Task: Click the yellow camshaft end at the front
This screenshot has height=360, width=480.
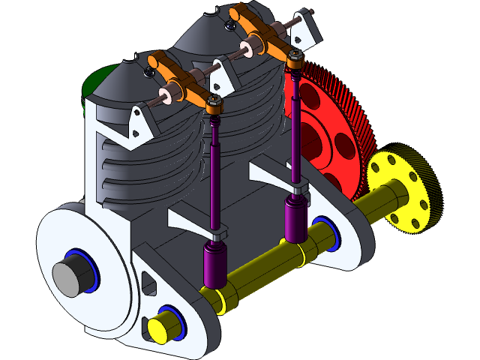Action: tap(159, 328)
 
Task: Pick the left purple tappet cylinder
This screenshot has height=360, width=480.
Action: tap(215, 265)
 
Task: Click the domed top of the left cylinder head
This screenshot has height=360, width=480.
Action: tap(124, 82)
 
